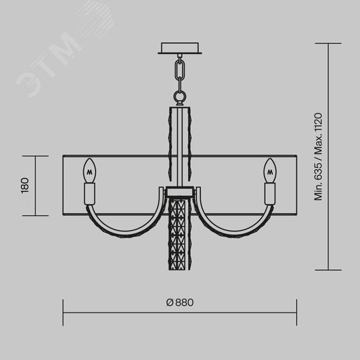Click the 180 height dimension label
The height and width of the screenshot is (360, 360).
pyautogui.click(x=25, y=186)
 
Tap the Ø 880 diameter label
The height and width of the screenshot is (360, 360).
pyautogui.click(x=180, y=302)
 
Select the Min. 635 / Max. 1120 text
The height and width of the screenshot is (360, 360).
pyautogui.click(x=318, y=156)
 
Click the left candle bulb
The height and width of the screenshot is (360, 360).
pyautogui.click(x=89, y=171)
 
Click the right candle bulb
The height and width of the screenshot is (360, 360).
pyautogui.click(x=270, y=171)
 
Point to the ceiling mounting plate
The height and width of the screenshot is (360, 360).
pyautogui.click(x=180, y=48)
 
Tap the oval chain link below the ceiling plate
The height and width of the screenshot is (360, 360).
pyautogui.click(x=180, y=69)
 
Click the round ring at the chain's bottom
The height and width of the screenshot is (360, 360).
pyautogui.click(x=180, y=96)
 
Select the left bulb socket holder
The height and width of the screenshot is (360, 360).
pyautogui.click(x=89, y=194)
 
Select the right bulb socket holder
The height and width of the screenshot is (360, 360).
pyautogui.click(x=270, y=194)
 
